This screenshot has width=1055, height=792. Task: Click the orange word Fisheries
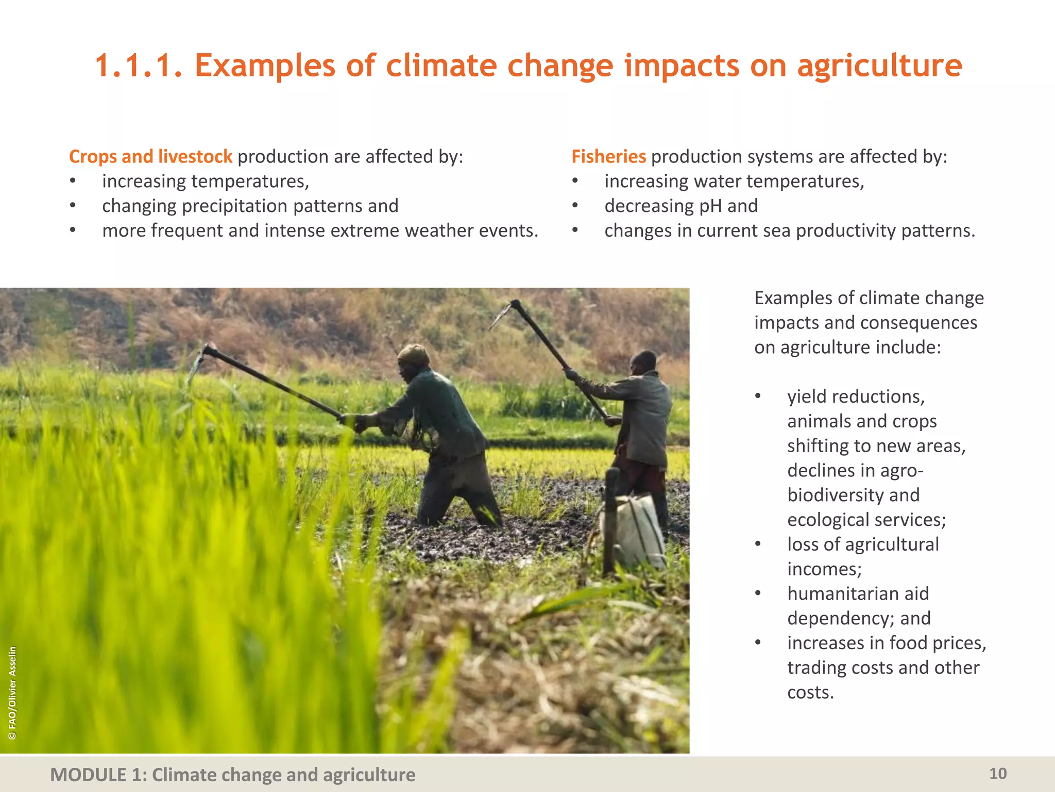(x=608, y=157)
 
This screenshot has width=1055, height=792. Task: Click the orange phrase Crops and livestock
(x=150, y=157)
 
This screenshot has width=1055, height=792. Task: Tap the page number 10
(x=998, y=773)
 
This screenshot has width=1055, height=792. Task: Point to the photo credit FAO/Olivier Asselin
(x=13, y=693)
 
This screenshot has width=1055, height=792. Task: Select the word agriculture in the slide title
(x=879, y=65)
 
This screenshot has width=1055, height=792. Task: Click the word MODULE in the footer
(x=88, y=774)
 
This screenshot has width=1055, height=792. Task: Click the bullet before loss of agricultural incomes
(x=758, y=544)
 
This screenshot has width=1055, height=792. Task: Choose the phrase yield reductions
(x=856, y=397)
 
